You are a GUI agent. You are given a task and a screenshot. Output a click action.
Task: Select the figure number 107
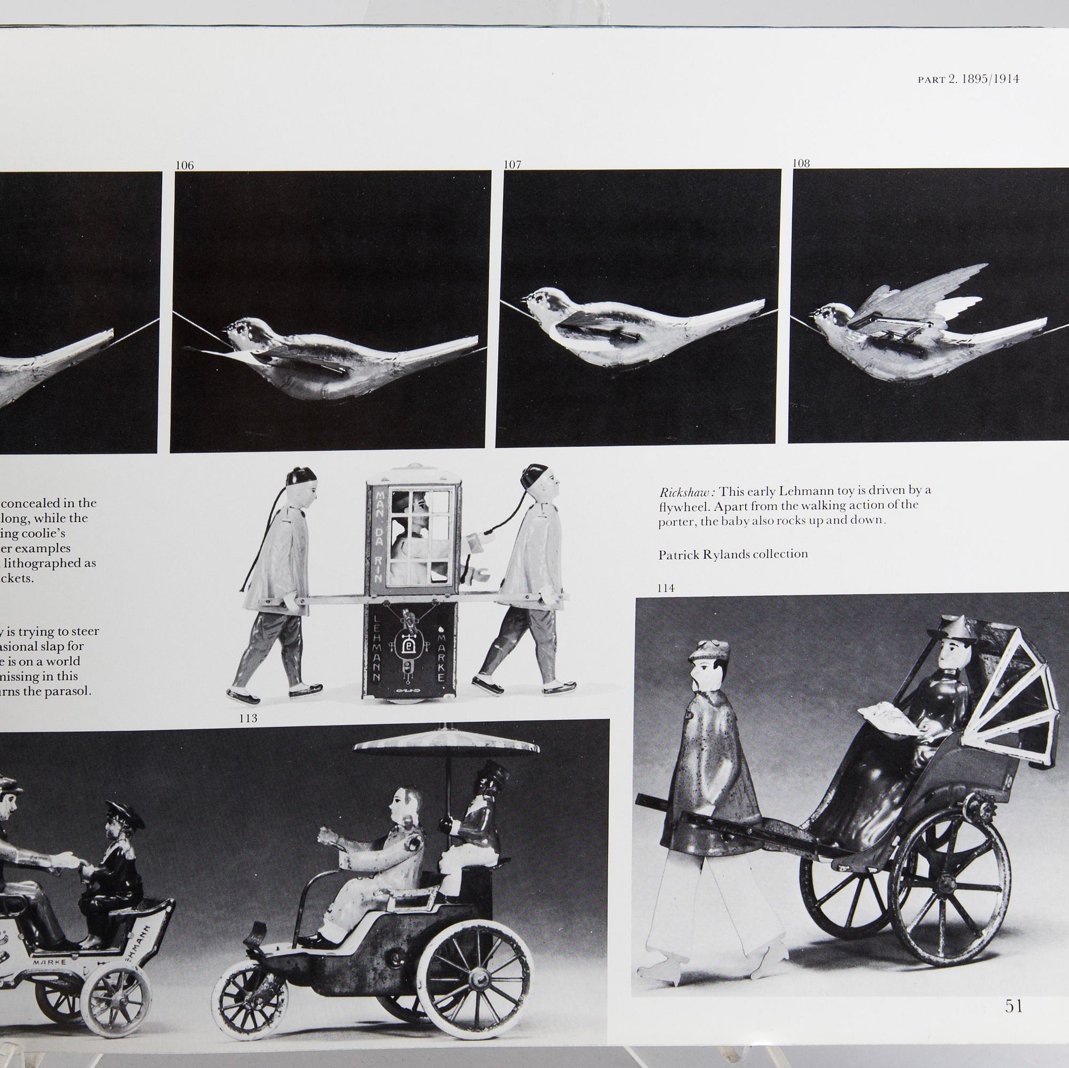513,164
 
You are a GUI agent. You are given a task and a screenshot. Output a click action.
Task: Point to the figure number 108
801,163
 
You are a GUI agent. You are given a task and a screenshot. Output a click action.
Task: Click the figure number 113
249,718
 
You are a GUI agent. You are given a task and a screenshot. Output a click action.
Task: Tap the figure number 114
665,588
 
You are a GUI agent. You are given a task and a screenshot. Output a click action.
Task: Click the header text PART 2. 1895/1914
969,79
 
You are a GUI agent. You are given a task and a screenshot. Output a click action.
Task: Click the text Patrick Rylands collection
733,554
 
